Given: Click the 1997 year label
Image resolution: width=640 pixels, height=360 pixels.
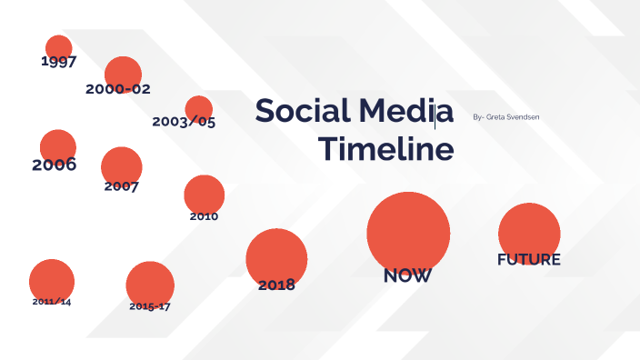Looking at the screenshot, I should coord(58,63).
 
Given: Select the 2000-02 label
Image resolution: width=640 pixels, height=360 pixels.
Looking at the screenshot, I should coord(118,89).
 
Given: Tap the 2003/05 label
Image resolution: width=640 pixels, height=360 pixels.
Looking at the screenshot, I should coord(184,121).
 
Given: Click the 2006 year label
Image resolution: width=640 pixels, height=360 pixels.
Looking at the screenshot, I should coord(54,165).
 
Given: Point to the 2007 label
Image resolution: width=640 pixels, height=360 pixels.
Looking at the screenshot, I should coord(121,186).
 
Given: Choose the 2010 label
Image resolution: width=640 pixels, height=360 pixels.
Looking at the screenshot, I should coord(204,216).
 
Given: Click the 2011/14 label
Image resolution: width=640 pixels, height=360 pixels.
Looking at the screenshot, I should coord(51,301).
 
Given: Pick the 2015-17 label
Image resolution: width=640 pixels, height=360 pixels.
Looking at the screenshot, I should coord(149,306).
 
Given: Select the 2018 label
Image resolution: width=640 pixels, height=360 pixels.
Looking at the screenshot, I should coord(276,285).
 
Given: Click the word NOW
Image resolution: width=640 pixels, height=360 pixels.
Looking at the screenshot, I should coord(407,275).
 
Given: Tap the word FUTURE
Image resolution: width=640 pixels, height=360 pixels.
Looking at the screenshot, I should coord(528,259).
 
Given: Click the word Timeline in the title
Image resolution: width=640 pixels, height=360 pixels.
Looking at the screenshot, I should coord(386,149).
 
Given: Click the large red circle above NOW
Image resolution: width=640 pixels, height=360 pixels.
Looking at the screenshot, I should coord(408,231).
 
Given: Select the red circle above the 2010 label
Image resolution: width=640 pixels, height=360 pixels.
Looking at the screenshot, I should coord(204,193).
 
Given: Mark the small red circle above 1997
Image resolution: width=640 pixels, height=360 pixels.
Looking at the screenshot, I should coord(58,47).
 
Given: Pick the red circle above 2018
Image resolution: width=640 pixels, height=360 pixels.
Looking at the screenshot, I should coord(276,257).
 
